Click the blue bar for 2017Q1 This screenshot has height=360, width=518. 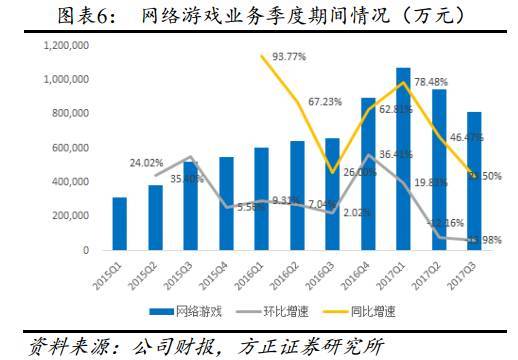[402, 160]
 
